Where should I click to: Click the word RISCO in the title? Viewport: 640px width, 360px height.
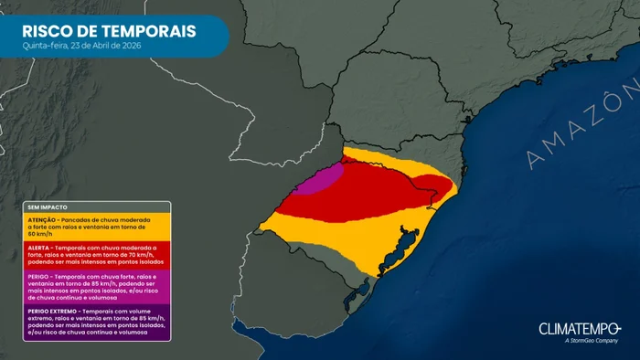tap(50, 31)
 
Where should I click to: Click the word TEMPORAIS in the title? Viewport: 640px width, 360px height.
tap(149, 31)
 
